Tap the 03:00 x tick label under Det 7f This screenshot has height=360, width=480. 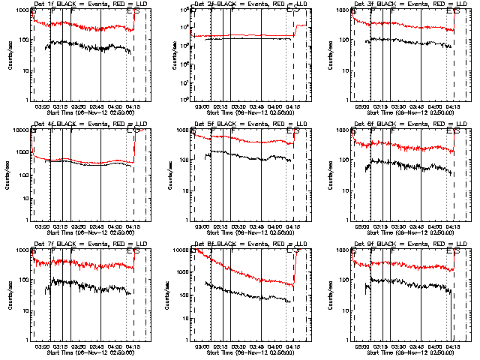pos(42,346)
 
